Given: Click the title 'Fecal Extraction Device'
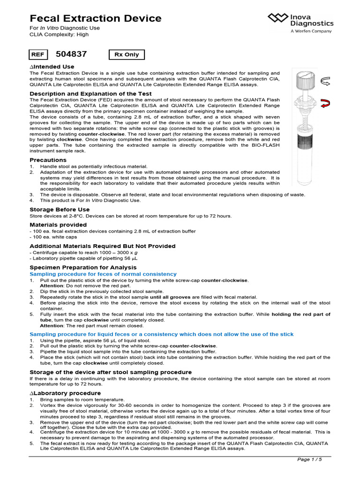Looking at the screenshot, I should (96, 19).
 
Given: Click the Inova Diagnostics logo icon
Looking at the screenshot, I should (278, 18).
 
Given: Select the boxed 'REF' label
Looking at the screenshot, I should (38, 54).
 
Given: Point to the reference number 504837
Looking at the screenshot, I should (71, 54).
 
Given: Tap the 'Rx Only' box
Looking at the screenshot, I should (127, 54).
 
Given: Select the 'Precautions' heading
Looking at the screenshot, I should (48, 160).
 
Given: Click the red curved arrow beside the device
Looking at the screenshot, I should (324, 104).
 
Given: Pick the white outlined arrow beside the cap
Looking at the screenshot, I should (324, 82).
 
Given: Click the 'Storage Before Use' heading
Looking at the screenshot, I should (60, 209).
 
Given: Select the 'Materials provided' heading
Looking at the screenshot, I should (58, 225).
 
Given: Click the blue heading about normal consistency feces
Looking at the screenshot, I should (103, 274).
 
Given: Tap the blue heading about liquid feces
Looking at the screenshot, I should (162, 334).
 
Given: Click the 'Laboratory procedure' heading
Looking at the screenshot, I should (65, 393).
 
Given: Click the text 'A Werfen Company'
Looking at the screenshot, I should (311, 31).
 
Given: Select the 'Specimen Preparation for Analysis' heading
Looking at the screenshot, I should (83, 267).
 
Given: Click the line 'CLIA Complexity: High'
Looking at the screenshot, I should (59, 34).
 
